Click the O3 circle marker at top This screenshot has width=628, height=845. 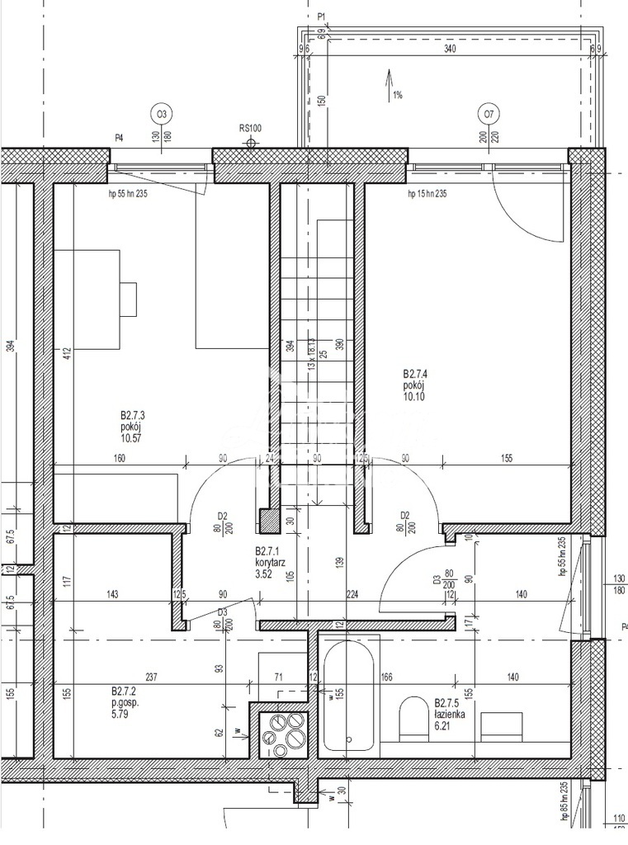point(162,114)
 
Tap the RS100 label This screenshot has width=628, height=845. point(250,128)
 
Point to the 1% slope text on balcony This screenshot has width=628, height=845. point(398,96)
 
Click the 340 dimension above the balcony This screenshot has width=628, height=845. point(449,49)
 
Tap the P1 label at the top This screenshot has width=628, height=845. point(323,16)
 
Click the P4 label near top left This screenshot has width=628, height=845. point(119,138)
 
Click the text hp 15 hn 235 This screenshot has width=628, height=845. point(427,194)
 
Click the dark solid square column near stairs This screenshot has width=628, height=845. point(269,521)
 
